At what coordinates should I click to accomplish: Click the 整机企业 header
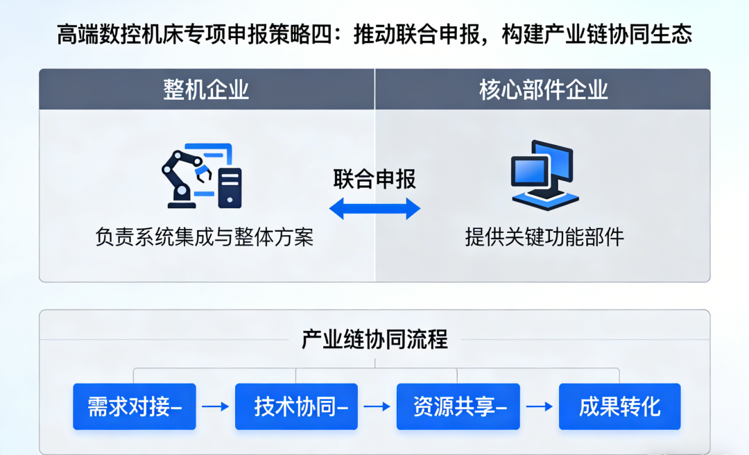coord(206,89)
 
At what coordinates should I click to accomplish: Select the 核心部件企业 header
coord(543,89)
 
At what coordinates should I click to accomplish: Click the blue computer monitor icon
coord(542,173)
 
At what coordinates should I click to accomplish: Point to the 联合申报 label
coord(374,179)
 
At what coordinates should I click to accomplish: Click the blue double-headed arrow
coord(374,208)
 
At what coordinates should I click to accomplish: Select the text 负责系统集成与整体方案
coord(205,237)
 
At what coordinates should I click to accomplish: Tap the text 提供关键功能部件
coord(544,237)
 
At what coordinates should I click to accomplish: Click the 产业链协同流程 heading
coord(374,339)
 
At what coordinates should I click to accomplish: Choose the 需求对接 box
coord(135,406)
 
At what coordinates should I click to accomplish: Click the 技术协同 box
coord(296,406)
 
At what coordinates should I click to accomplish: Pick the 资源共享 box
coord(458,406)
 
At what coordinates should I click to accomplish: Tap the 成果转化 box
coord(620,406)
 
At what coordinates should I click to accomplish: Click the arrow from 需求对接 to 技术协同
coord(215,406)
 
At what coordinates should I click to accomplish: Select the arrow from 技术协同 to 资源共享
coord(377,406)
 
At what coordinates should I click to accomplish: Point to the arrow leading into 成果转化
coord(539,406)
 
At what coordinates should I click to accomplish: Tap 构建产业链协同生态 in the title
coord(600,35)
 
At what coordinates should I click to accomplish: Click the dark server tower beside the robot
coord(230,187)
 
